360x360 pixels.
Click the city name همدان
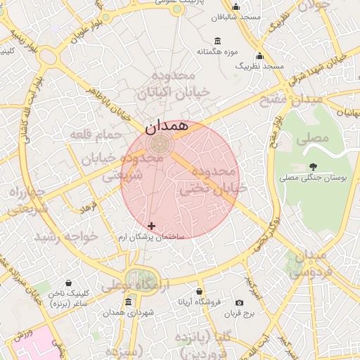167,127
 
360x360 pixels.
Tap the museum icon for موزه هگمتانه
216,39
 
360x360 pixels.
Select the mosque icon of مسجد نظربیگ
259,56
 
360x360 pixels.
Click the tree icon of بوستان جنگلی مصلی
313,167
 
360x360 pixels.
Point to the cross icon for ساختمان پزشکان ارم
151,226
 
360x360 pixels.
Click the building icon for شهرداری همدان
128,302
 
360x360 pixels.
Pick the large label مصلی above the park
312,138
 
